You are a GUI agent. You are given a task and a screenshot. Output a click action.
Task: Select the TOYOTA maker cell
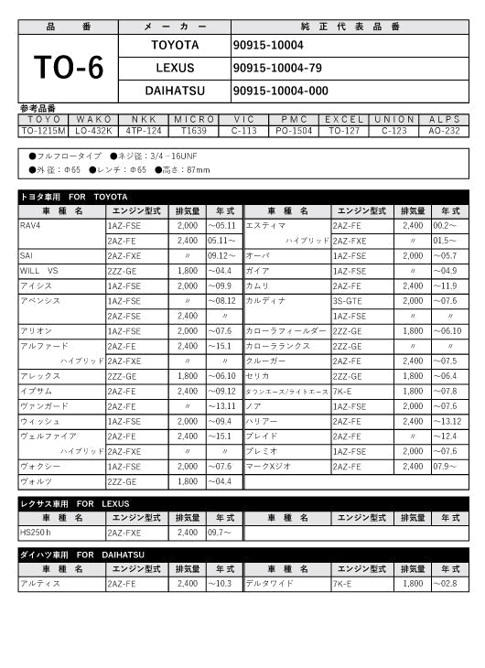[x=174, y=44]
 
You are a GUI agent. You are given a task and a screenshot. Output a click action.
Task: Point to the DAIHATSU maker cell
[x=174, y=91]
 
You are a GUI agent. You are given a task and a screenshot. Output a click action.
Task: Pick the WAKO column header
[x=93, y=119]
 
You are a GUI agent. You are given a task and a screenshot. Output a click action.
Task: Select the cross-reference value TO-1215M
[x=43, y=131]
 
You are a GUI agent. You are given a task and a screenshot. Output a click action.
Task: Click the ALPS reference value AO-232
[x=445, y=131]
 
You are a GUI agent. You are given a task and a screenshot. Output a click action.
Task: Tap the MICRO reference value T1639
[x=194, y=131]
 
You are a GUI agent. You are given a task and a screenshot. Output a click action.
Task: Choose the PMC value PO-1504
[x=295, y=131]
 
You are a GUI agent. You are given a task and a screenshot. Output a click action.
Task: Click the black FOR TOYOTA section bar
[x=242, y=196]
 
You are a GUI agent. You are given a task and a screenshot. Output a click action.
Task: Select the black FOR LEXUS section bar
[x=242, y=503]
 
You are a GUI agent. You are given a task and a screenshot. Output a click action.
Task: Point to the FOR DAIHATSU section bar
[x=242, y=555]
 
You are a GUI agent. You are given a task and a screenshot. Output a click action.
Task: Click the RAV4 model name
[x=30, y=224]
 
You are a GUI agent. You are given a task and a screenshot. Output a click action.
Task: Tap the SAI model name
[x=27, y=255]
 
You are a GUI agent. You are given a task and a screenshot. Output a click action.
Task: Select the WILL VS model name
[x=38, y=271]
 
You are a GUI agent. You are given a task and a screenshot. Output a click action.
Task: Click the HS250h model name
[x=36, y=532]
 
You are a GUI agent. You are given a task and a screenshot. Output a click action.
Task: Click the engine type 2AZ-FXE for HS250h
[x=124, y=532]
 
